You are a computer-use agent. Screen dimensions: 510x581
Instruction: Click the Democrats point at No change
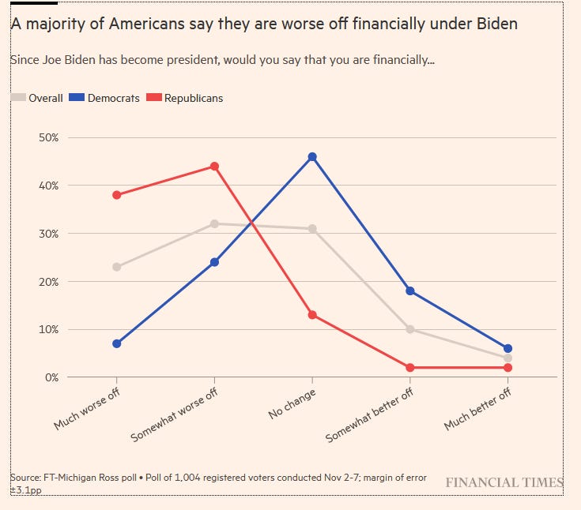[x=312, y=156]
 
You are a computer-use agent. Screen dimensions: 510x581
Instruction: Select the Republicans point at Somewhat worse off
[x=214, y=167]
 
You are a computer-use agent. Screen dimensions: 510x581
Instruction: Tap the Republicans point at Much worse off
[x=117, y=195]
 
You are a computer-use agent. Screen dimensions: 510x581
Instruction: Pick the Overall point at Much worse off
[x=117, y=267]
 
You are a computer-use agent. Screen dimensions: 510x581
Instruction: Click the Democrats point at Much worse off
[x=117, y=343]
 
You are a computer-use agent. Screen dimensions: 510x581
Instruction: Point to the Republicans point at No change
[x=312, y=315]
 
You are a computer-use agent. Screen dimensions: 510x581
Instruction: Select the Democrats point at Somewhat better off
[x=410, y=291]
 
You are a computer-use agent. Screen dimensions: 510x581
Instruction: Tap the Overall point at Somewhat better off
[x=410, y=329]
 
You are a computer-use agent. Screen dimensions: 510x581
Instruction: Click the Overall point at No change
[x=312, y=229]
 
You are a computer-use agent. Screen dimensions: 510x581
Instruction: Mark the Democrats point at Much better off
[x=507, y=348]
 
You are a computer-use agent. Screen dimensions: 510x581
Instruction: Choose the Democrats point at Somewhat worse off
[x=214, y=262]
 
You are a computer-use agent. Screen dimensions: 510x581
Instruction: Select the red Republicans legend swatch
[x=154, y=98]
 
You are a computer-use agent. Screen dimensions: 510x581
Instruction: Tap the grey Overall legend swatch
[x=17, y=98]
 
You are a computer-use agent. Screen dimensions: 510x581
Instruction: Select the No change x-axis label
[x=292, y=404]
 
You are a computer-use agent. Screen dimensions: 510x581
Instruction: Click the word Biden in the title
[x=495, y=24]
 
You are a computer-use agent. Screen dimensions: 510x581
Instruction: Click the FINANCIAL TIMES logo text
[x=504, y=482]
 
